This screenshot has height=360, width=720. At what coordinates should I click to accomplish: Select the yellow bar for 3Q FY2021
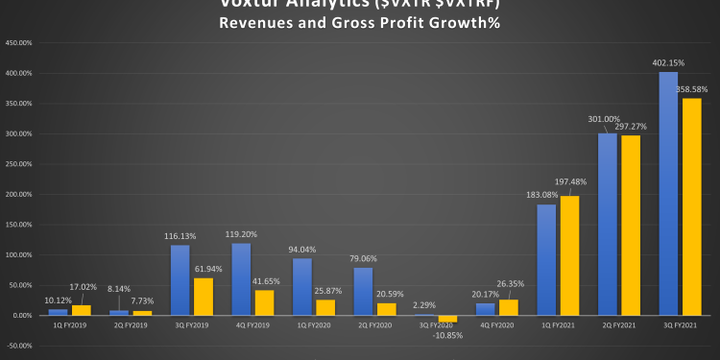(x=691, y=206)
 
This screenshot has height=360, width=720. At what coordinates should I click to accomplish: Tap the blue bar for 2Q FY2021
(x=607, y=225)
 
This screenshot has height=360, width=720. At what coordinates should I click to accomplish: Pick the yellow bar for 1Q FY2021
(x=570, y=255)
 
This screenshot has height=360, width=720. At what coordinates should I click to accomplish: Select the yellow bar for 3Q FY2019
(x=204, y=297)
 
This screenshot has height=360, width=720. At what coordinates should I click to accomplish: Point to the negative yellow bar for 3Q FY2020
(x=448, y=319)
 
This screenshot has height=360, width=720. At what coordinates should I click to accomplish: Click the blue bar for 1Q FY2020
(x=301, y=287)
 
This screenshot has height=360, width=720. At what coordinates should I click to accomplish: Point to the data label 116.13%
(x=180, y=236)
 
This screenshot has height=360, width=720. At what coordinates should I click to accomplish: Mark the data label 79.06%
(x=362, y=258)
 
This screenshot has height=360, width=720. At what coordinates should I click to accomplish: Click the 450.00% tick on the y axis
(x=18, y=43)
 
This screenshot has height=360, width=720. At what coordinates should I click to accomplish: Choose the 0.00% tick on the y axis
(x=20, y=316)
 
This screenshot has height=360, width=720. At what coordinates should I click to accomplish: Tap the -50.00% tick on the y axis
(x=18, y=346)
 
